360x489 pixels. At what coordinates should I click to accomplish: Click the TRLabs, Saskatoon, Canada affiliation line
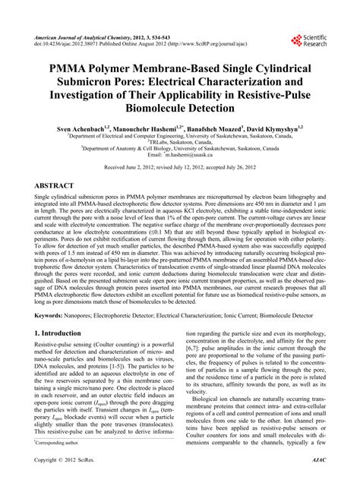tap(181, 141)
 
